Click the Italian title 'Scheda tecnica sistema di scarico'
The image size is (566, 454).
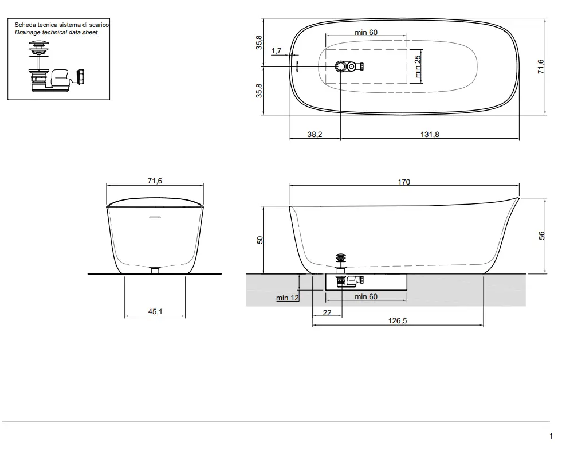(62, 25)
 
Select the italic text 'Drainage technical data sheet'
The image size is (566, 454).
(56, 33)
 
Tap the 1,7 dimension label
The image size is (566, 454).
(276, 51)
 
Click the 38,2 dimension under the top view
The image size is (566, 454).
(315, 134)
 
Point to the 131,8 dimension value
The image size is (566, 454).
(430, 134)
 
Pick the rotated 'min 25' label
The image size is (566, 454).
(418, 66)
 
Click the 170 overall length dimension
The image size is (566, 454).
(404, 182)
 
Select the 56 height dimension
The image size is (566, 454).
(541, 236)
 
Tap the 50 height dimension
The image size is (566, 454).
(260, 240)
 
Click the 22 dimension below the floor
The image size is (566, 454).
(327, 313)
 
